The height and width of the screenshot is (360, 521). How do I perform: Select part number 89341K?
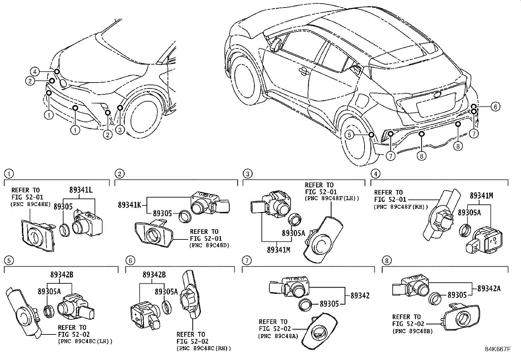coord(130,205)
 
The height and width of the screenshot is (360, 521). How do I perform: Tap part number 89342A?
coord(489,288)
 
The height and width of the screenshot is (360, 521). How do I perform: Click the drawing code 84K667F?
coord(498,349)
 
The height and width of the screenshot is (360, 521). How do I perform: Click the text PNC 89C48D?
coord(208,245)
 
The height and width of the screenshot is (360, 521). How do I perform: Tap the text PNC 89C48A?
coord(278,336)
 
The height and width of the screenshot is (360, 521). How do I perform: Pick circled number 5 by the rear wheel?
coord(350,135)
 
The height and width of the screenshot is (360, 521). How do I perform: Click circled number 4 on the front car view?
coord(35,71)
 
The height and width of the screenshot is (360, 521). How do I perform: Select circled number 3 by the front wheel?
coord(120,130)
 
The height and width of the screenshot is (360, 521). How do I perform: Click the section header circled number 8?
coord(386,260)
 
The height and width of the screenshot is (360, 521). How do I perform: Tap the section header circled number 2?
coord(120,173)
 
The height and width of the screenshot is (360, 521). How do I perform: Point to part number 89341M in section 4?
coord(481,196)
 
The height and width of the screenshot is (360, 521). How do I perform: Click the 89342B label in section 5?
coord(62,275)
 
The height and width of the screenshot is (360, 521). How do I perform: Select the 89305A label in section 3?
coord(293,233)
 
